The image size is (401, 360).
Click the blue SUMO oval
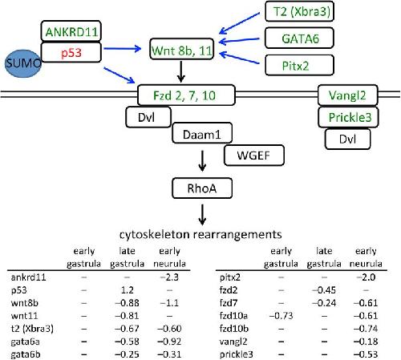point(23,63)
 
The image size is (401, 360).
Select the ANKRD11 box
point(71,31)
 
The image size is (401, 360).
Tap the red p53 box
point(71,52)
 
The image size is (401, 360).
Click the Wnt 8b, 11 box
point(182,49)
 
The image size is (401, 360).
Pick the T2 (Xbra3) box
point(299,11)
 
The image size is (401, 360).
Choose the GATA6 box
point(299,38)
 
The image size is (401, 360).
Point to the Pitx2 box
point(299,65)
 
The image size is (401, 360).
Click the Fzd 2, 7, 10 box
point(186,95)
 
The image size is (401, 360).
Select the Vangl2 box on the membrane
point(347,95)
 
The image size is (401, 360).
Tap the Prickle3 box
point(348,117)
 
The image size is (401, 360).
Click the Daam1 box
point(202,133)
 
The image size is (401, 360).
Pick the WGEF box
point(254,156)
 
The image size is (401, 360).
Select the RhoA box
point(202,188)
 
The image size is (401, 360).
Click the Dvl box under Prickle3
point(347,139)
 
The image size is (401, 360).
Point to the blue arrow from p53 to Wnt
point(123,49)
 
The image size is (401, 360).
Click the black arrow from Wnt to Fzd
point(181,71)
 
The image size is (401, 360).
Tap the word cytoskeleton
point(154,234)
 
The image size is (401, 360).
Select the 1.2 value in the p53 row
point(128,290)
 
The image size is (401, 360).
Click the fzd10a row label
point(233,316)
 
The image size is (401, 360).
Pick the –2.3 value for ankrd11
point(169,277)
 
